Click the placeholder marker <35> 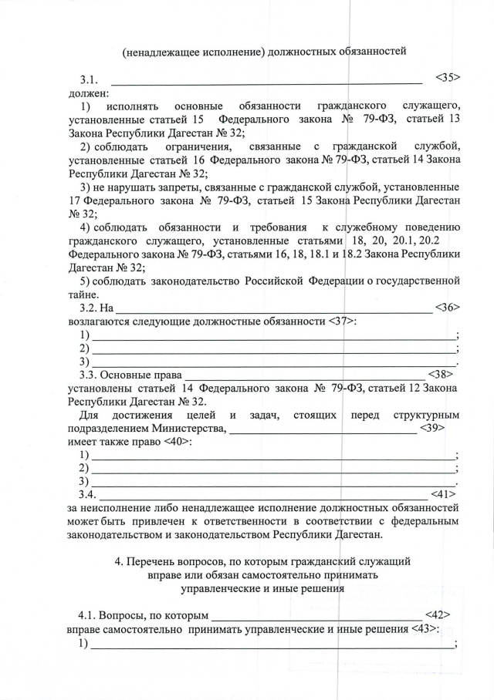pyautogui.click(x=448, y=78)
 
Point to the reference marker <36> pyautogui.click(x=447, y=307)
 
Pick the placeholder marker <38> pyautogui.click(x=439, y=375)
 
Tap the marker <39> pyautogui.click(x=431, y=428)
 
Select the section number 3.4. pyautogui.click(x=90, y=494)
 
